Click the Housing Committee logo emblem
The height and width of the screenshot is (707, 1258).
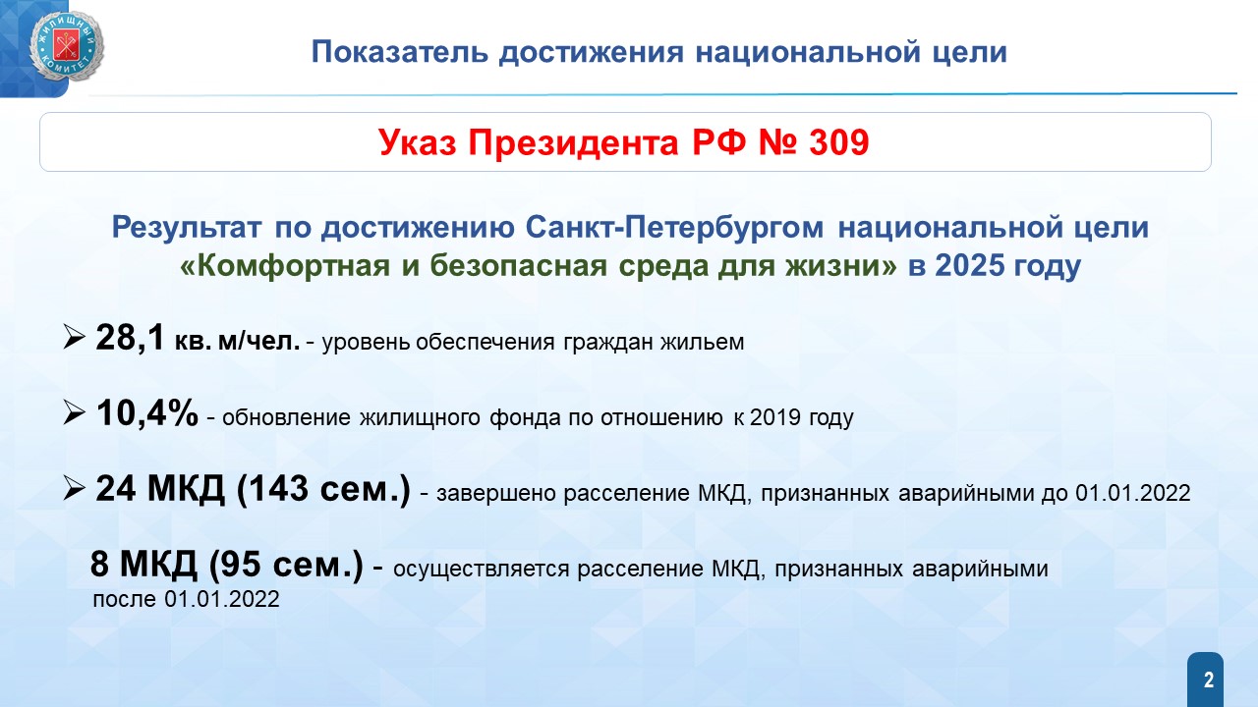pos(66,46)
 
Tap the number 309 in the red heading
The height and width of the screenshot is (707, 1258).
pos(839,141)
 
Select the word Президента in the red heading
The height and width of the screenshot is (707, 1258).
pos(573,142)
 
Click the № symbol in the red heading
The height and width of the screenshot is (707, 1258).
pos(777,141)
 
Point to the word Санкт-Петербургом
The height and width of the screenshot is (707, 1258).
pos(674,227)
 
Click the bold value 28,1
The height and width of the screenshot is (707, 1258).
pos(131,338)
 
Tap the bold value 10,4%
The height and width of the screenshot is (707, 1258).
pos(147,413)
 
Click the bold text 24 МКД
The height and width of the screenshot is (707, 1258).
pos(160,488)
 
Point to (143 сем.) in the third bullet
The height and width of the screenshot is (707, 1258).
pos(323,489)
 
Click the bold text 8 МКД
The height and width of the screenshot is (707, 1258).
pos(143,564)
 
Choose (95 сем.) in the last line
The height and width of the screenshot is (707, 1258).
pos(286,565)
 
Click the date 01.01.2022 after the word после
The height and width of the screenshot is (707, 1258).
pos(222,599)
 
